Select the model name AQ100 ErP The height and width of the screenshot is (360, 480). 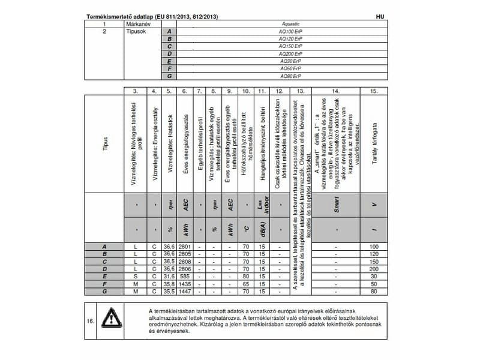pos(290,31)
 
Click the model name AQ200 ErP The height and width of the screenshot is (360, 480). pos(290,53)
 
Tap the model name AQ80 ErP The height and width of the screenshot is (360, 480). pos(290,76)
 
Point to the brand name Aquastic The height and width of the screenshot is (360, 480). pos(290,23)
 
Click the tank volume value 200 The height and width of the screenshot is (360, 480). pos(374,269)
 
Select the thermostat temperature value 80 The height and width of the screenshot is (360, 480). pos(245,276)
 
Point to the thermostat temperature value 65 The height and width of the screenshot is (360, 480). pos(245,283)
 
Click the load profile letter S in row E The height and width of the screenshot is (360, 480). pos(140,276)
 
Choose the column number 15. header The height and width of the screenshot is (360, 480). pos(374,91)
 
